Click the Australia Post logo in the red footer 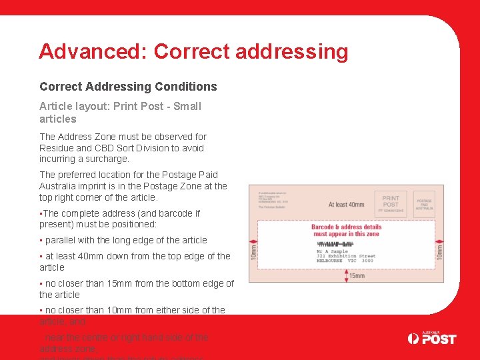[x=432, y=339]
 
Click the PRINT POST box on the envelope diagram [x=391, y=203]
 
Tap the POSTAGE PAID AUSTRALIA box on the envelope [x=424, y=203]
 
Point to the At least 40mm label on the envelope [x=346, y=205]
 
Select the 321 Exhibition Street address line [x=346, y=255]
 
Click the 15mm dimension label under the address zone [x=357, y=276]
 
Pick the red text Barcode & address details [x=346, y=227]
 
